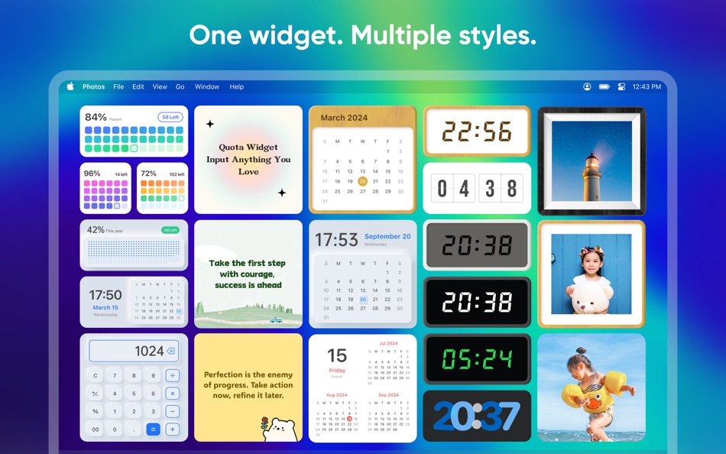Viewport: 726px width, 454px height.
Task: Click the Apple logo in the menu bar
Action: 70,86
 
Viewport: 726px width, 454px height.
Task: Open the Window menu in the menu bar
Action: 206,87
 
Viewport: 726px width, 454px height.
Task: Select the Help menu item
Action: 237,87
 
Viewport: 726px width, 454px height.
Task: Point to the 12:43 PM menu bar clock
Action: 647,87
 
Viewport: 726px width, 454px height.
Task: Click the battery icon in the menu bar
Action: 604,87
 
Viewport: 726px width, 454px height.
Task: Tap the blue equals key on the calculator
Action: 153,430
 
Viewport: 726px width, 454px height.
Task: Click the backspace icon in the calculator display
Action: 170,352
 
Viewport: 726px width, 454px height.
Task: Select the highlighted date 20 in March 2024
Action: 362,181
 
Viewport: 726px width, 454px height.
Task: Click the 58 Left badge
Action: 170,117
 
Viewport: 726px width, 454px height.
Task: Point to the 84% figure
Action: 96,117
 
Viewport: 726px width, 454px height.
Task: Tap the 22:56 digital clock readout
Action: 477,132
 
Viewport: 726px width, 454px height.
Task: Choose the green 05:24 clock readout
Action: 477,358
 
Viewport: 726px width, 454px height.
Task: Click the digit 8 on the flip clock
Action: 511,188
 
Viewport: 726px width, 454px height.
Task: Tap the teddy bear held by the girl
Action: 590,298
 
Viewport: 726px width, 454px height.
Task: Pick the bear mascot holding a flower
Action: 280,428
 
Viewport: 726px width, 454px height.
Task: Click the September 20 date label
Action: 387,237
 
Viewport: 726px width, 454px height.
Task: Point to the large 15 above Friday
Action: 337,355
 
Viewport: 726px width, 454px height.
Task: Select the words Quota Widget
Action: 248,147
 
